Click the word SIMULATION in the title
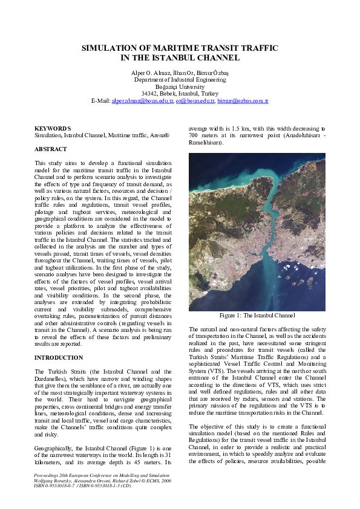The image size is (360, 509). [111, 47]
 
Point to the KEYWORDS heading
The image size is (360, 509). [53, 129]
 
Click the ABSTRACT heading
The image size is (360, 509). [51, 149]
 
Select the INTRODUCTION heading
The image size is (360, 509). [59, 358]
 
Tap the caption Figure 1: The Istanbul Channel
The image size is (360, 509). [257, 316]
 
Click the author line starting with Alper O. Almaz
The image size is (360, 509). [180, 73]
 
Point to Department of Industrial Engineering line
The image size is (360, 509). [180, 80]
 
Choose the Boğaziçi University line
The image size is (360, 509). [180, 86]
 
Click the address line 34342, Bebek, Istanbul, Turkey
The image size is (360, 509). [180, 94]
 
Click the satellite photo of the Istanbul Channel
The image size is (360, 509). [257, 232]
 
